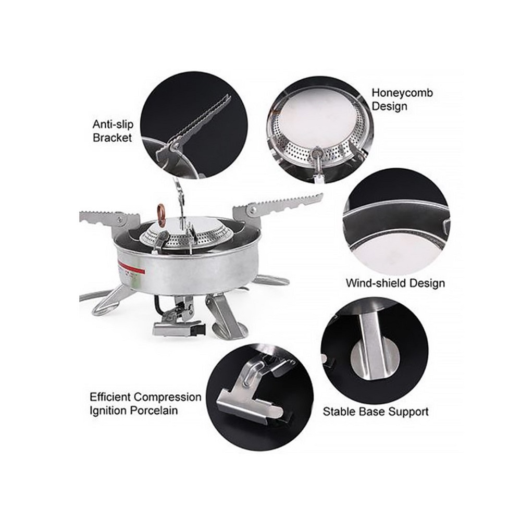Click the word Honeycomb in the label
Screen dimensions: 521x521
[x=402, y=93]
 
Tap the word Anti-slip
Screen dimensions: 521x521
[x=113, y=125]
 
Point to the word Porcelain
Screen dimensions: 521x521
[x=154, y=411]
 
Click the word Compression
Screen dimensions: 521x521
[x=168, y=398]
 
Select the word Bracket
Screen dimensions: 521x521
[x=113, y=138]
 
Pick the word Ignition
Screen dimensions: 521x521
[x=108, y=411]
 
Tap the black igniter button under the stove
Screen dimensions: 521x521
[x=200, y=330]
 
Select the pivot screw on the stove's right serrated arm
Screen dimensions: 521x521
[x=253, y=209]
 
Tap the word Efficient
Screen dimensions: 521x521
[x=111, y=398]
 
